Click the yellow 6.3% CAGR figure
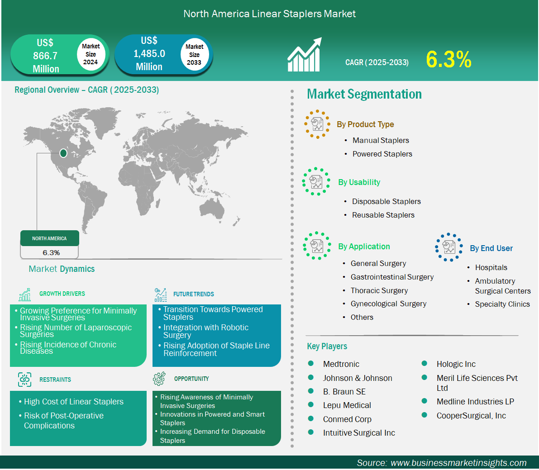(x=448, y=59)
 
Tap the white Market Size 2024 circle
(x=91, y=54)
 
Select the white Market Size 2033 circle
(x=194, y=54)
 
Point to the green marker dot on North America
(x=63, y=153)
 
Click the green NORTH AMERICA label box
(x=49, y=238)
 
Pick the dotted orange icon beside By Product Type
(x=317, y=124)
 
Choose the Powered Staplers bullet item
(x=382, y=154)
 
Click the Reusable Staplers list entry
(x=383, y=215)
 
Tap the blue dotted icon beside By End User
(x=448, y=247)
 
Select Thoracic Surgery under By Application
(x=379, y=291)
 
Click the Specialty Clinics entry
(x=502, y=304)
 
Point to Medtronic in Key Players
(x=341, y=364)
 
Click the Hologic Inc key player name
(x=456, y=364)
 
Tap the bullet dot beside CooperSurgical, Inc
(x=425, y=415)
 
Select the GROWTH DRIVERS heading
(x=62, y=294)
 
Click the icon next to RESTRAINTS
(x=25, y=379)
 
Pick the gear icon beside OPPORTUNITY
(x=159, y=378)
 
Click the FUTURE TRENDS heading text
(x=194, y=294)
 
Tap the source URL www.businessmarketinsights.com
(x=458, y=463)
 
